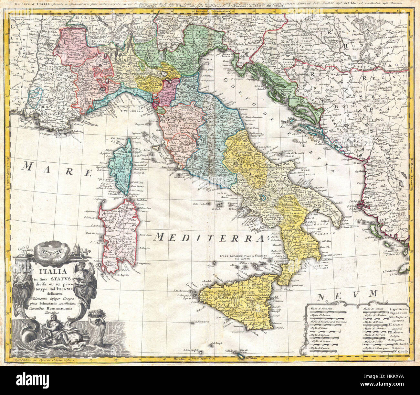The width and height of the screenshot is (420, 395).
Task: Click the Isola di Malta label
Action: (247, 352)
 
